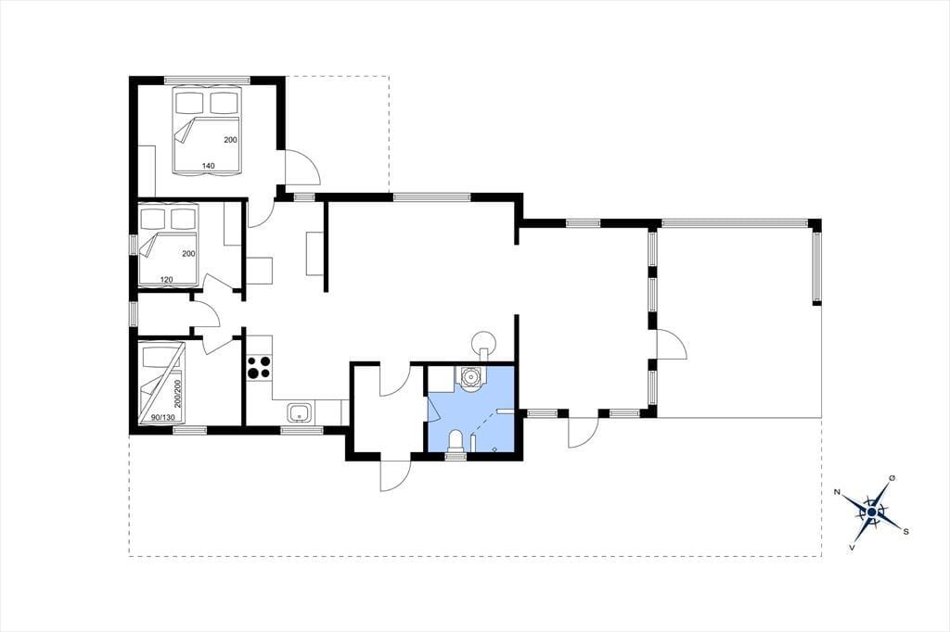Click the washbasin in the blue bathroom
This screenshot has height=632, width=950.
tap(470, 376)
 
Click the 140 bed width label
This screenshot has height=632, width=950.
tap(209, 165)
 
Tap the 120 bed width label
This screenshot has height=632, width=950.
tap(167, 279)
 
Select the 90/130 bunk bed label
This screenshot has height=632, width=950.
tap(162, 418)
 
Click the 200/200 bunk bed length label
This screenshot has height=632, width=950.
tap(178, 394)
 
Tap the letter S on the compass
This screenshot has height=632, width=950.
tap(905, 532)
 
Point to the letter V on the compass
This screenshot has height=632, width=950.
tap(852, 548)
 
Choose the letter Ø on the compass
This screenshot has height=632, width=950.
tap(892, 478)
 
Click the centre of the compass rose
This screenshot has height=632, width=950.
tap(871, 512)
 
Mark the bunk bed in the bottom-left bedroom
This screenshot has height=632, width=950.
tap(161, 384)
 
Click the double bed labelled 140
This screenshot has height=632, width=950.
tap(207, 131)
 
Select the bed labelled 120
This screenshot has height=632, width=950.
tap(169, 245)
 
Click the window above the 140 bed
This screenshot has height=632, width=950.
tap(207, 80)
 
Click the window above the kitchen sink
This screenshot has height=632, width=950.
tap(302, 430)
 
